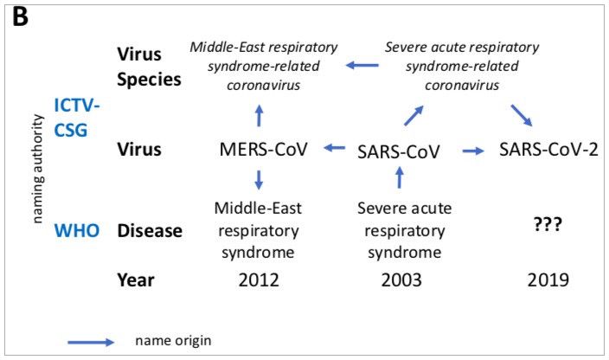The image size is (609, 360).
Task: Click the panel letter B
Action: coord(20,17)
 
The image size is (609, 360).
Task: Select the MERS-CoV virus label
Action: coord(263,150)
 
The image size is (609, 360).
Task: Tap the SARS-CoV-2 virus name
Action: coord(548,150)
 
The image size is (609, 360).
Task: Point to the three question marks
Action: coord(548,224)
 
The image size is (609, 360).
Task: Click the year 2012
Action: coord(259,280)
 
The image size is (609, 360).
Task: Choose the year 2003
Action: coord(401,280)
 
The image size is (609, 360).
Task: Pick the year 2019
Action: coord(548,280)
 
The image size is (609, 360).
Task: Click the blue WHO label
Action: coord(77,231)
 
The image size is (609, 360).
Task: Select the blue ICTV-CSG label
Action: coord(77,118)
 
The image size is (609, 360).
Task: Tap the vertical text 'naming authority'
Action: coord(37,169)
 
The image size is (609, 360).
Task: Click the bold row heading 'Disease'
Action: coord(150,231)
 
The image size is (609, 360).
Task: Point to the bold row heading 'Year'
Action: coord(136,280)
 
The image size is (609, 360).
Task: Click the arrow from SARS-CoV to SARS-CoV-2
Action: coord(473,151)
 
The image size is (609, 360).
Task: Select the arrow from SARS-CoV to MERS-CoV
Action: coord(335,148)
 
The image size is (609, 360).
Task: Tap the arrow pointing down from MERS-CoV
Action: coord(259,179)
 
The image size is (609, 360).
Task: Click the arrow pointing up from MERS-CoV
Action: coord(259,115)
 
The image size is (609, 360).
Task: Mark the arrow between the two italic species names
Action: coord(362,65)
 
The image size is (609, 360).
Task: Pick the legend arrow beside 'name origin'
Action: coord(91,342)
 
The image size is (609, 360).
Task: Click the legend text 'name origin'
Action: coord(173,341)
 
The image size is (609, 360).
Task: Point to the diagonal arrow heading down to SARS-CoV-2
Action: coord(522,115)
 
